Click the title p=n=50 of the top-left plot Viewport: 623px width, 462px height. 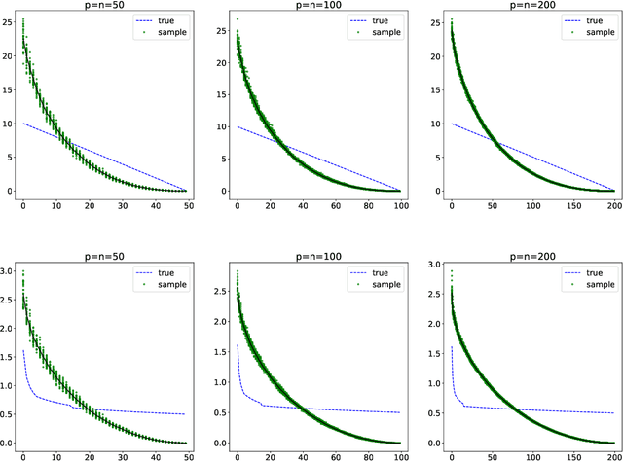(104, 7)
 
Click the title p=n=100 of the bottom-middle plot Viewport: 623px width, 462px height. (317, 257)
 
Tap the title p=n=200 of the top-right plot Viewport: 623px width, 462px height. (531, 7)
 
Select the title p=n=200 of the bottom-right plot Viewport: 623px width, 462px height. (531, 257)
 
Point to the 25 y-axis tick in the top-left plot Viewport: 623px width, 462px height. (7, 20)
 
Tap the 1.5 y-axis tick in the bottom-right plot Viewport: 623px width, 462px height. (434, 356)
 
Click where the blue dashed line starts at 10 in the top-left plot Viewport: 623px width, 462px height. (23, 124)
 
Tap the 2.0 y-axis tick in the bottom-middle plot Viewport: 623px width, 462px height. (221, 327)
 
